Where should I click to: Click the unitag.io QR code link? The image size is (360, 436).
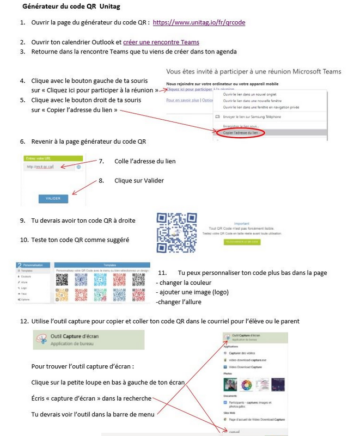(199, 23)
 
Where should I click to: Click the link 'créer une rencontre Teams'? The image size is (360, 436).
(161, 42)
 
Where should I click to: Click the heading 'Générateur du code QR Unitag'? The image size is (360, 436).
(71, 7)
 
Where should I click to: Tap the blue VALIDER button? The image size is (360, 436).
(53, 198)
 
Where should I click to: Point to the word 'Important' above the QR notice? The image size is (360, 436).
(241, 223)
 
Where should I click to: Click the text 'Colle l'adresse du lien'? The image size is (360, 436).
(145, 161)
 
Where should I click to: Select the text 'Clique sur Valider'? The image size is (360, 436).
(139, 181)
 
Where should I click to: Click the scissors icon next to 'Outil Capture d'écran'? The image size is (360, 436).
(41, 339)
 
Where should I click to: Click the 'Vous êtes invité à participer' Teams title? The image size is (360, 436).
(253, 71)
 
